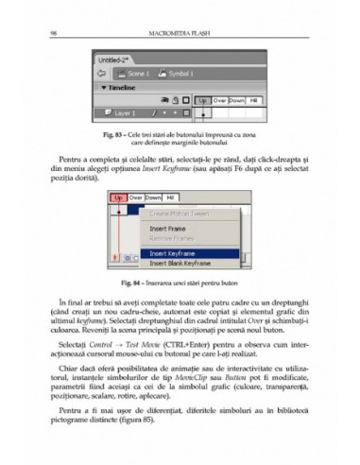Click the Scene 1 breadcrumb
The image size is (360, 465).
coord(139,72)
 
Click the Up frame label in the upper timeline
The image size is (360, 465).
coord(203,98)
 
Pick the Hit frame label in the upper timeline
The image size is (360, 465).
coord(255,98)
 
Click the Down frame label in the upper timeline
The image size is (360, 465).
coord(236,98)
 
